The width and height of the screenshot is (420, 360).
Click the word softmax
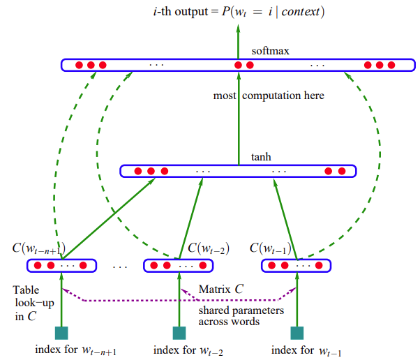coord(270,51)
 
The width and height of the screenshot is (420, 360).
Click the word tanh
coord(261,157)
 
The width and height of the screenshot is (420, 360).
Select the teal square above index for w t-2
coord(179,333)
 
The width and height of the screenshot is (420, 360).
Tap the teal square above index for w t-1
coord(297,333)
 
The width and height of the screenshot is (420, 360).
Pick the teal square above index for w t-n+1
coord(61,333)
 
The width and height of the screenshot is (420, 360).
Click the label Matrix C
coord(221,290)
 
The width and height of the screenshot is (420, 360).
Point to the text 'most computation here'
coord(269,96)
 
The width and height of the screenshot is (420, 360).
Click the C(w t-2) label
coord(209,248)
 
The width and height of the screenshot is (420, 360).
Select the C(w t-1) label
coord(271,248)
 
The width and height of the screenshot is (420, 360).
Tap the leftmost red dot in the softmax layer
coord(79,65)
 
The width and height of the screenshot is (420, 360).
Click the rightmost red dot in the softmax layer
coord(391,65)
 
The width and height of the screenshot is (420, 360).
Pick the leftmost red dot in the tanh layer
coord(138,171)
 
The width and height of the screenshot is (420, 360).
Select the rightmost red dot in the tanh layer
coord(342,171)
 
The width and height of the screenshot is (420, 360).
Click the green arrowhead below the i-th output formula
coord(238,28)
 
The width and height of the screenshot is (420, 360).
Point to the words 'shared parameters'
coord(241,310)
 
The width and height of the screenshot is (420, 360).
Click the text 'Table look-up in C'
coord(33,303)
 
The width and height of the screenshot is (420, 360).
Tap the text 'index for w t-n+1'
coord(76,350)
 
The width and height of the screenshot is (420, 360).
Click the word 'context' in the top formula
coord(300,12)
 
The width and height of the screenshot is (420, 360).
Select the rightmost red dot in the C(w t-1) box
coord(319,265)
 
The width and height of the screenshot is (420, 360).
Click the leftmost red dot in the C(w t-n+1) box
coord(38,265)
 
